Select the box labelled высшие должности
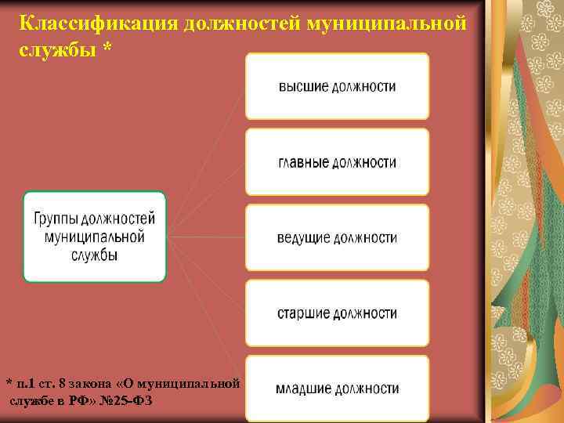click(337, 86)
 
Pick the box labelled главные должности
click(337, 162)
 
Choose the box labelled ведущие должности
click(337, 237)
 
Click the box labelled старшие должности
click(337, 313)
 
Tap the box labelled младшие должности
click(337, 388)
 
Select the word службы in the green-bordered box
click(94, 255)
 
